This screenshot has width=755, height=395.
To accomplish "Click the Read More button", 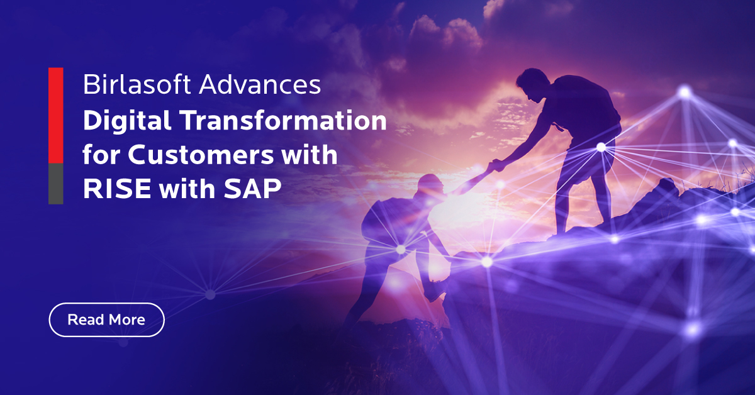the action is (x=106, y=320).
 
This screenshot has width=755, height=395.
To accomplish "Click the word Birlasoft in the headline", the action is (x=137, y=84).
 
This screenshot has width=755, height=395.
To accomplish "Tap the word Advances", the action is (x=260, y=84).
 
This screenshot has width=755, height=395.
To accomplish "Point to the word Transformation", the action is (x=282, y=120).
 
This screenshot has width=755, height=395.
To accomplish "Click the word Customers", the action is (x=201, y=155).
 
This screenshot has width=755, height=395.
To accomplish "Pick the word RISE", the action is (x=117, y=189).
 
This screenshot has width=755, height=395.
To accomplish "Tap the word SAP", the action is (x=252, y=189).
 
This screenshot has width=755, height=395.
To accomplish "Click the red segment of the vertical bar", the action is (x=56, y=116).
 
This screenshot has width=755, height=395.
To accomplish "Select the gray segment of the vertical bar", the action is (x=56, y=184).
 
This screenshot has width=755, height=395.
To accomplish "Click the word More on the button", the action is (x=126, y=320).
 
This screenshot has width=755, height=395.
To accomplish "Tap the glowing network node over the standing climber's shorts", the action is (x=601, y=147).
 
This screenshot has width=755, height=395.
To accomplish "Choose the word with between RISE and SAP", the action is (x=187, y=188).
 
